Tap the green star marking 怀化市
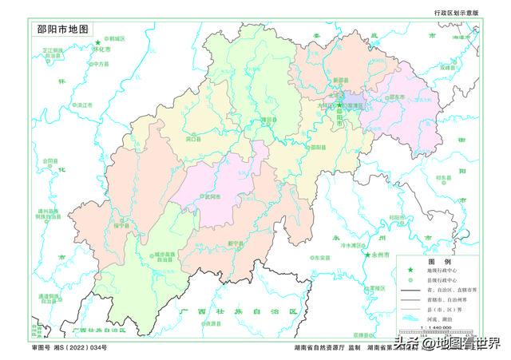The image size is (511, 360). coord(99,42)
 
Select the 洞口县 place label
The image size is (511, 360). coord(192,138)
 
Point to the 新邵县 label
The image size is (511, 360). coord(341,80)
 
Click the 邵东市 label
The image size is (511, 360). coord(397,96)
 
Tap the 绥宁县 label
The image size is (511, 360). coord(121,225)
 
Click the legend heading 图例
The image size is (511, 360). coord(438,262)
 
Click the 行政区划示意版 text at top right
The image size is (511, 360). coord(457,14)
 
